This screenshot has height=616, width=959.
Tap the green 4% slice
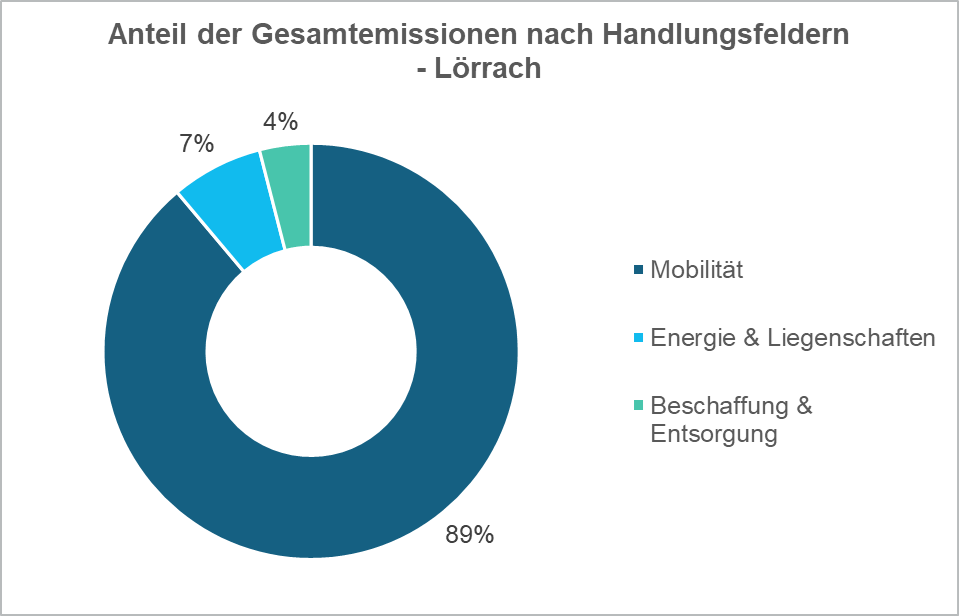click(289, 196)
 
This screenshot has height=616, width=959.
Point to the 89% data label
click(470, 535)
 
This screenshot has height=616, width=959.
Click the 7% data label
click(197, 144)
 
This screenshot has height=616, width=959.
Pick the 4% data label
click(280, 122)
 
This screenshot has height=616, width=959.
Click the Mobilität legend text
click(697, 270)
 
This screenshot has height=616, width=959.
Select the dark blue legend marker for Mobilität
click(639, 271)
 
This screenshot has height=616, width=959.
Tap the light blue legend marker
click(639, 339)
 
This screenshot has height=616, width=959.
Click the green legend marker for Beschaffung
click(639, 406)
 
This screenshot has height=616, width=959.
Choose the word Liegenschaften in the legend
click(851, 338)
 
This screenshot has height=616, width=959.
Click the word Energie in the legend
click(689, 338)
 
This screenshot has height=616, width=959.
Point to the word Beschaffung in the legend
click(720, 406)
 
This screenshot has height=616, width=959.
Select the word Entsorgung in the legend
click(713, 434)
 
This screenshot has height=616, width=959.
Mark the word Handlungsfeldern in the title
click(729, 35)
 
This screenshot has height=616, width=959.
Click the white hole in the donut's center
click(311, 351)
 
